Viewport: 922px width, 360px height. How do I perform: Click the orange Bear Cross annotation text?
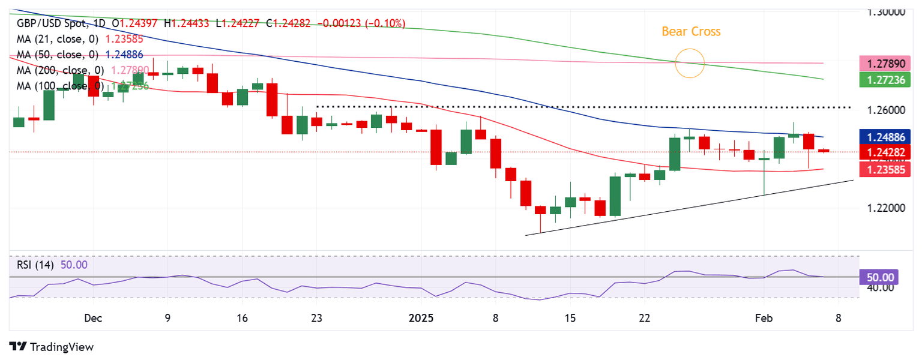691,32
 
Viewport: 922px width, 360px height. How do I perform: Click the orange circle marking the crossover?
690,63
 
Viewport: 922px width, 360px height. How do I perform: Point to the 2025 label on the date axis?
421,317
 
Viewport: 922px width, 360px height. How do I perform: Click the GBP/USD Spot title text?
52,23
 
